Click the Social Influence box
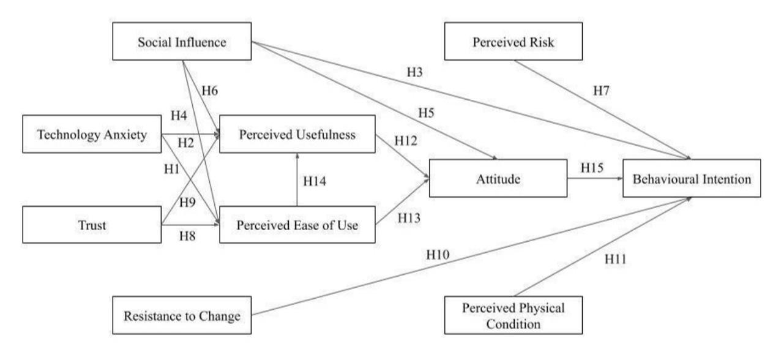182,41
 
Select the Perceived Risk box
513,41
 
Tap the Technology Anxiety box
92,133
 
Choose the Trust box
92,225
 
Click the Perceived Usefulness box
297,133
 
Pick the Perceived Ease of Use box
297,225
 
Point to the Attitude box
498,178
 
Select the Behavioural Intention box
692,178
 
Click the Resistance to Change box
182,315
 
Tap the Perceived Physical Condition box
513,315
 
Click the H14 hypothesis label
315,181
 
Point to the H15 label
592,168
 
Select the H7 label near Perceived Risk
601,91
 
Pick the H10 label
438,255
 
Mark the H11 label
615,259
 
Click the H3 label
414,72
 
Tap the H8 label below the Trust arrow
187,236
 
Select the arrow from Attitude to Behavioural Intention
595,178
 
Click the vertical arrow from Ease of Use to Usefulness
297,179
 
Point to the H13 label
409,218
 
